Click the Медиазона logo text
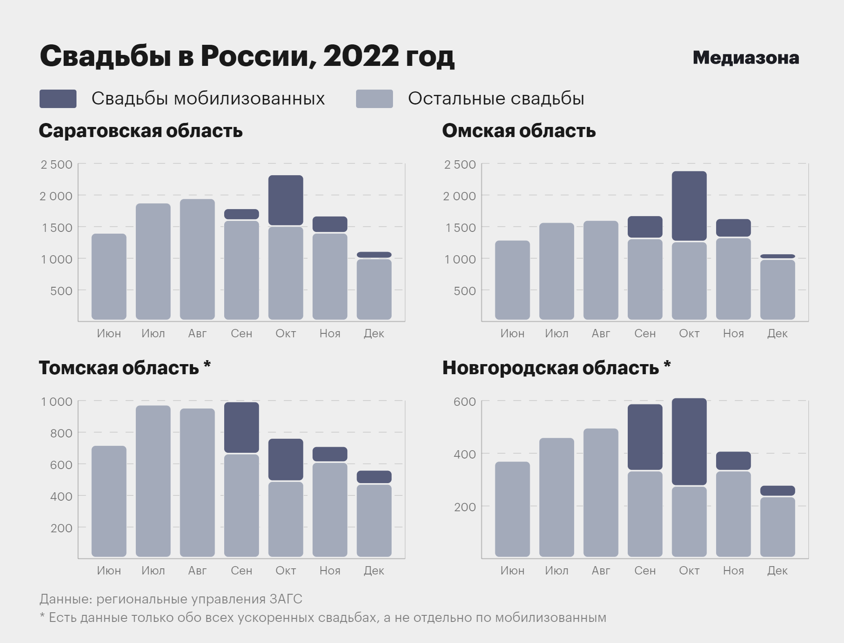(746, 58)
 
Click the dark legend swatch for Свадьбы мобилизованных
(58, 99)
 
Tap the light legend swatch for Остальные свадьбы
(374, 99)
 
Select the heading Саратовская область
(141, 131)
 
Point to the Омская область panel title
(519, 131)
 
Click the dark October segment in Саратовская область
(286, 200)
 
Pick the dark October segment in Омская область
(689, 206)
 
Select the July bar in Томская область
(153, 481)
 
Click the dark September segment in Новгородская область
(645, 437)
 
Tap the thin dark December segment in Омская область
(777, 256)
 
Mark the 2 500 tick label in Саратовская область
(56, 165)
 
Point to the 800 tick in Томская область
(61, 433)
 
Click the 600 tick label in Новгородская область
(464, 402)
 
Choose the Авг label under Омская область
(600, 334)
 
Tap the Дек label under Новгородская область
(777, 571)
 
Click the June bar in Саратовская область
(109, 277)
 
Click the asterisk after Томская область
(207, 365)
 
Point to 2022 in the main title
(360, 56)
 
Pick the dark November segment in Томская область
(330, 454)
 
